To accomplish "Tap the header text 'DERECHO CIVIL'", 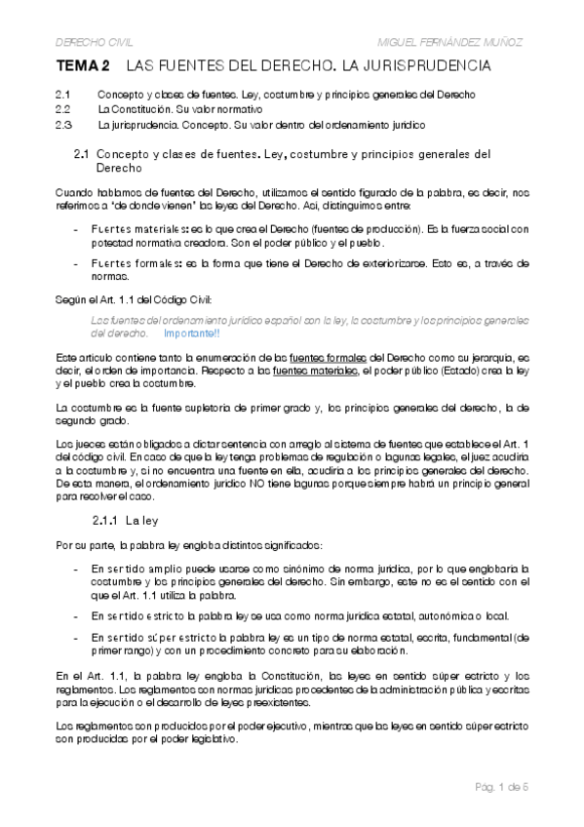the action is [94, 43].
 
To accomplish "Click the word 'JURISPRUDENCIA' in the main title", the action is [427, 67].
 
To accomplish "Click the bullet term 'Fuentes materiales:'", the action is [131, 229].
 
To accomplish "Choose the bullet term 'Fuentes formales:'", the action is [129, 263].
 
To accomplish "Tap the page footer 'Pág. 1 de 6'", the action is [500, 786].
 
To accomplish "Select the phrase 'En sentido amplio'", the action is [131, 568].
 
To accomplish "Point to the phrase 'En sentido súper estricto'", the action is [144, 637].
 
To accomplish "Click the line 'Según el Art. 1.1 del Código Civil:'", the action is [133, 298].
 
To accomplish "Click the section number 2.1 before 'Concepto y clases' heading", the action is [82, 154].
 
